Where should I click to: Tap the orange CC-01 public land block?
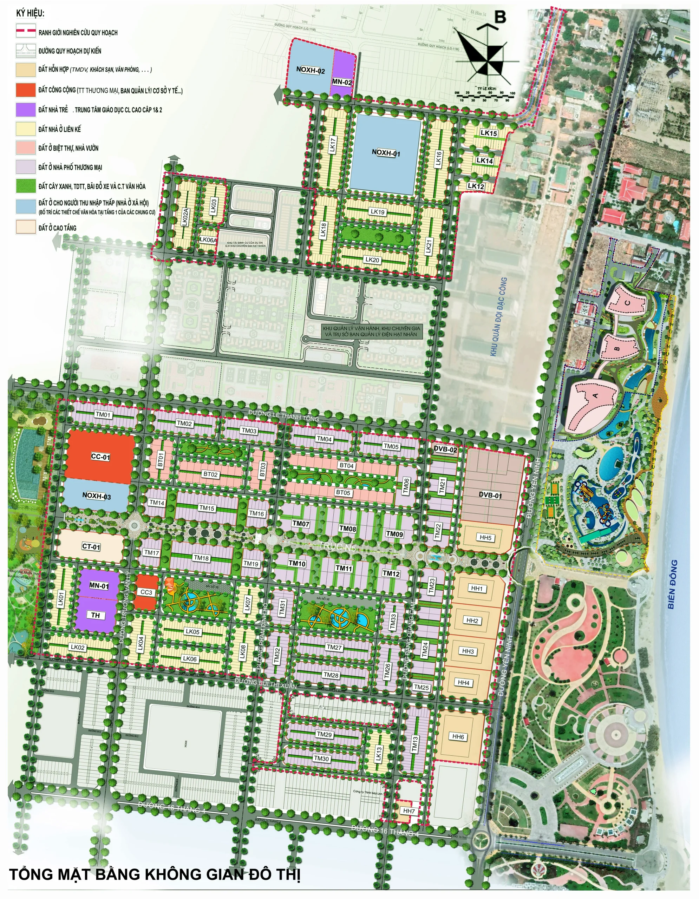pyautogui.click(x=100, y=457)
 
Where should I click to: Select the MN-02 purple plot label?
pyautogui.click(x=342, y=82)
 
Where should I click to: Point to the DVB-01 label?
pyautogui.click(x=490, y=495)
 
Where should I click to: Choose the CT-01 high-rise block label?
pyautogui.click(x=91, y=547)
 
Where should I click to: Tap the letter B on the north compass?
pyautogui.click(x=500, y=17)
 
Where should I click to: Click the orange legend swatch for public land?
pyautogui.click(x=26, y=90)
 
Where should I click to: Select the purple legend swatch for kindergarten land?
pyautogui.click(x=26, y=110)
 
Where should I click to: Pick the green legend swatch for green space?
pyautogui.click(x=26, y=186)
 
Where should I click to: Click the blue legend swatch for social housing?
pyautogui.click(x=26, y=206)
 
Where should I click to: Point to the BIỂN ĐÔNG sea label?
pyautogui.click(x=672, y=584)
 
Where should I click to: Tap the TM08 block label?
pyautogui.click(x=347, y=529)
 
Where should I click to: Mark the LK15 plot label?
pyautogui.click(x=489, y=133)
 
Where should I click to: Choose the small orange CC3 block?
pyautogui.click(x=146, y=592)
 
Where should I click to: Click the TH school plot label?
pyautogui.click(x=96, y=615)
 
